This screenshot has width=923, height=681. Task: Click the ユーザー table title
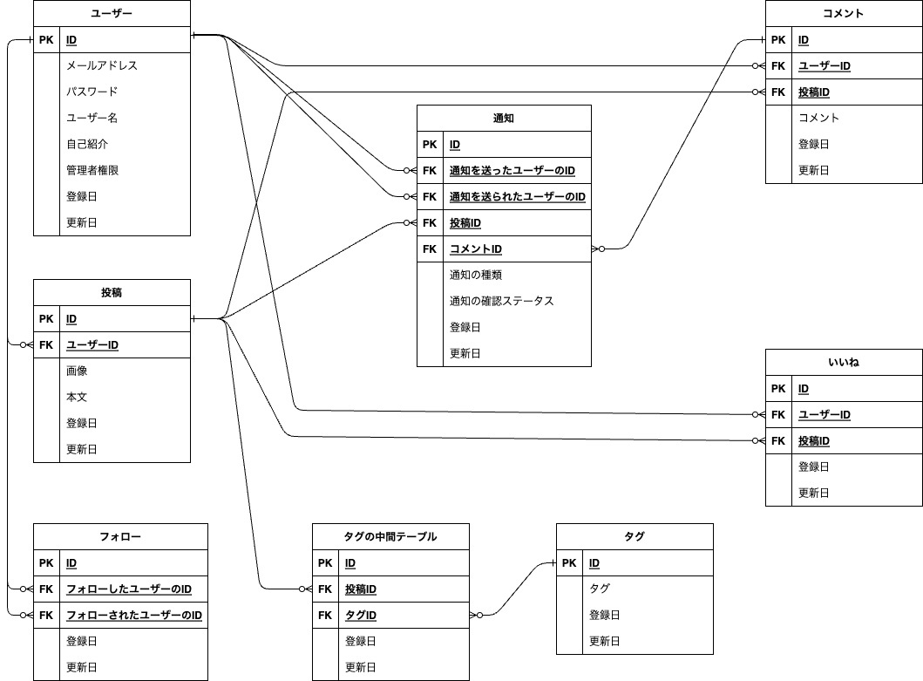(x=112, y=13)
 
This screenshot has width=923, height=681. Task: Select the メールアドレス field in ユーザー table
(x=102, y=65)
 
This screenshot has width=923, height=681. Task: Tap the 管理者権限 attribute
(x=92, y=170)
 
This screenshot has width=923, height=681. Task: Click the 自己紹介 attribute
(x=87, y=144)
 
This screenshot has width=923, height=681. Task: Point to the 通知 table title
(x=504, y=118)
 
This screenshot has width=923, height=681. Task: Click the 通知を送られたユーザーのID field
(x=517, y=197)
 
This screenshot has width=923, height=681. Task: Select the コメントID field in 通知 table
(x=475, y=249)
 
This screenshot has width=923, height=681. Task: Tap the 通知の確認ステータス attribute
(x=501, y=301)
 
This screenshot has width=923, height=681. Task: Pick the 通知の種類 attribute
(x=475, y=275)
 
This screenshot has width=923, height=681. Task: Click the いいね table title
(x=844, y=362)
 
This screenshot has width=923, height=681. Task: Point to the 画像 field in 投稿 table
(x=77, y=371)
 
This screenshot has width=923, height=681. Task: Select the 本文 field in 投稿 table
(x=77, y=397)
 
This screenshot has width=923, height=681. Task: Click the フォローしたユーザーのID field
(x=129, y=589)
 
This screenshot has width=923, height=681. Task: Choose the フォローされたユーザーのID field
(x=134, y=616)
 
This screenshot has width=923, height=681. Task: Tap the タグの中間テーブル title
(x=390, y=536)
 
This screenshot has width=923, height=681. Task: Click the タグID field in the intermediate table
(x=361, y=616)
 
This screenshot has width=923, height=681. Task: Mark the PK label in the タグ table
(x=569, y=563)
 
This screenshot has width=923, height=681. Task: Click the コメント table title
(x=844, y=13)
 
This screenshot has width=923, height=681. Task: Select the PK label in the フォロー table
(x=46, y=563)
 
